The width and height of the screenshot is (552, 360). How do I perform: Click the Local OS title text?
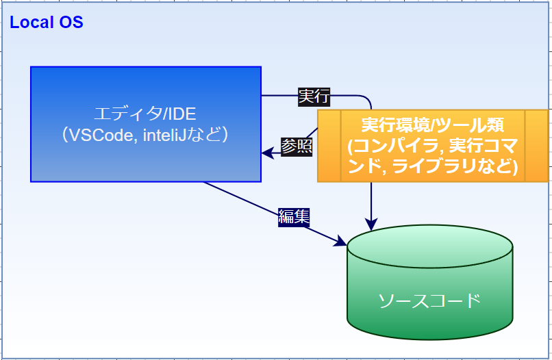[x=47, y=23]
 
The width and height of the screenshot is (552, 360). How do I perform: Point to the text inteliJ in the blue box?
[x=165, y=135]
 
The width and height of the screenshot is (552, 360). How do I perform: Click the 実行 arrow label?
[x=314, y=97]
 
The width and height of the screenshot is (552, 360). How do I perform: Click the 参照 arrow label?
[x=297, y=146]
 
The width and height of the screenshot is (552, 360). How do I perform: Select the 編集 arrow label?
[x=294, y=217]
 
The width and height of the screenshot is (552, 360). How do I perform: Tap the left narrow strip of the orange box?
[x=329, y=145]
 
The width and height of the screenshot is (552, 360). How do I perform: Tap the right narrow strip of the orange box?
[x=537, y=145]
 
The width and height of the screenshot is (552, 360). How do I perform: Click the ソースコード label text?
[x=429, y=300]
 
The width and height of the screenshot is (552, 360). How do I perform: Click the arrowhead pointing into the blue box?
[x=267, y=154]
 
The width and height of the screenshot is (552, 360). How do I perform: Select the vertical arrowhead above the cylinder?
[x=371, y=225]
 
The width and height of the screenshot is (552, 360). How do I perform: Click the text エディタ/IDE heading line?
[x=145, y=114]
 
